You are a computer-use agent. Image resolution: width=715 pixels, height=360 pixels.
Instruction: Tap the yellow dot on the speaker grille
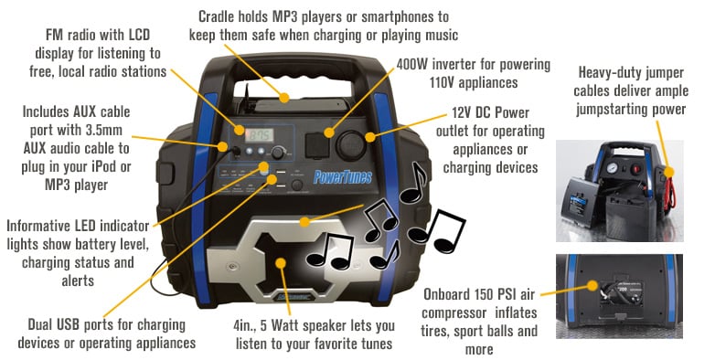[x=282, y=262]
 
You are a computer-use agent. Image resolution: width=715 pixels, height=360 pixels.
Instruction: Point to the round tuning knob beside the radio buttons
[x=264, y=168]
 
